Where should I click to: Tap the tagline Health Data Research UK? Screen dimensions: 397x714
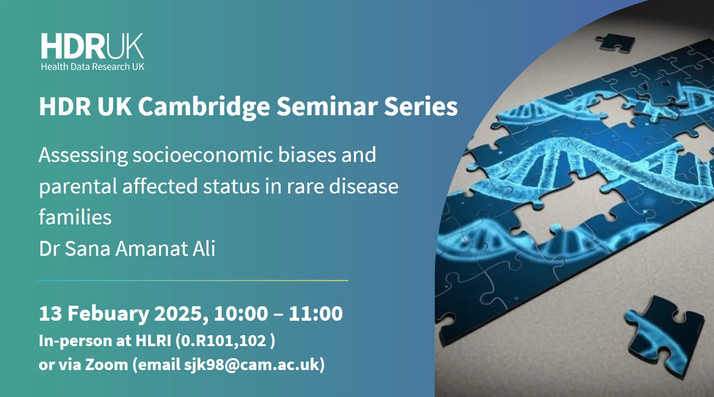[x=92, y=66]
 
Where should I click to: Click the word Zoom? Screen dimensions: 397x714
[x=106, y=365]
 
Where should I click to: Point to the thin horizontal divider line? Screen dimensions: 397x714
[x=193, y=280]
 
